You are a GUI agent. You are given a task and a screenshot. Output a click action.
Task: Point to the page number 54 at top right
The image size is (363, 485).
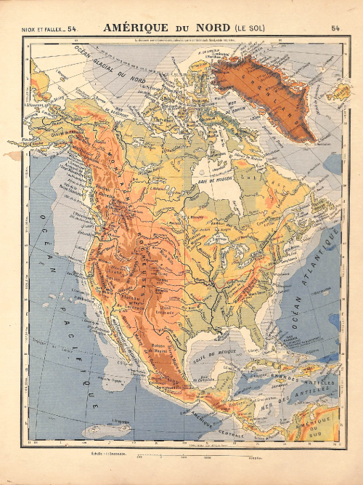[335, 29]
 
